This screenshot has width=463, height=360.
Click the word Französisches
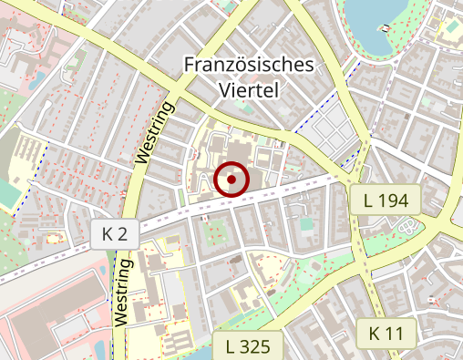pyautogui.click(x=249, y=66)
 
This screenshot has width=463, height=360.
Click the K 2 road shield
pyautogui.click(x=114, y=234)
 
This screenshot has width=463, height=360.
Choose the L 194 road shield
pyautogui.click(x=385, y=199)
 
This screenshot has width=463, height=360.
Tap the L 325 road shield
pyautogui.click(x=247, y=345)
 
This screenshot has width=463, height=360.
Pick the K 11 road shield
pyautogui.click(x=386, y=333)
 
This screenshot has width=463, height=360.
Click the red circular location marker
pyautogui.click(x=232, y=180)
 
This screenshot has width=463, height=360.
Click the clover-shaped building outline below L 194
pyautogui.click(x=411, y=226)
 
